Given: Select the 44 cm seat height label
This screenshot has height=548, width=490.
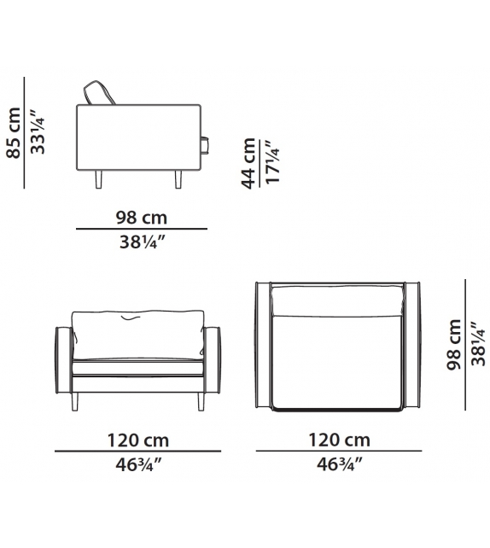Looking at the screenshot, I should (x=248, y=164).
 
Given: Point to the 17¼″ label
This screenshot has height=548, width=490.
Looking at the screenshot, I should (x=272, y=165).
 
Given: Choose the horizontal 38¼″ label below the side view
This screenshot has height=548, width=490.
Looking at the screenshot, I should (x=141, y=242).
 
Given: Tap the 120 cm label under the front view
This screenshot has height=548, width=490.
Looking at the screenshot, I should (x=137, y=440).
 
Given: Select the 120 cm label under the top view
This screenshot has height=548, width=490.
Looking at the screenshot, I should (x=339, y=440).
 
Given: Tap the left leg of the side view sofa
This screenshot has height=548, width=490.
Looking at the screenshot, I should (x=100, y=179).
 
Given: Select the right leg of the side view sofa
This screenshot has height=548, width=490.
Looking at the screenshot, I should (x=179, y=179).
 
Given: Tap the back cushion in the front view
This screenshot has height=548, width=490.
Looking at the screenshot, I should (x=137, y=332).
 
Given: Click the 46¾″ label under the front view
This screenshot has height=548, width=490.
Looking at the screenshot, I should (x=137, y=465).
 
